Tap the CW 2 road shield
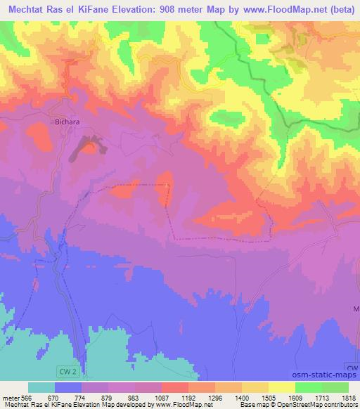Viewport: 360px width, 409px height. [x=66, y=369]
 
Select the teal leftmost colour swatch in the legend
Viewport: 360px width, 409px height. [x=41, y=387]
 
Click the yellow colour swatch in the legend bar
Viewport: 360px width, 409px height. [x=281, y=387]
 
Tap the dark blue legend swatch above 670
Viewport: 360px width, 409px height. [x=68, y=387]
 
